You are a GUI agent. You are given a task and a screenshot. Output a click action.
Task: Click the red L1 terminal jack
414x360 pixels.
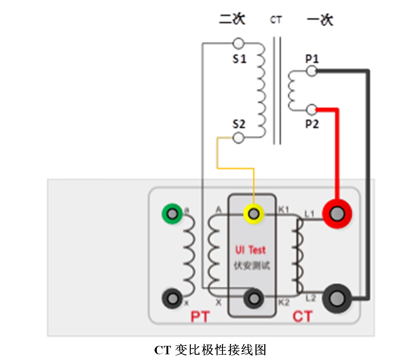(x=337, y=214)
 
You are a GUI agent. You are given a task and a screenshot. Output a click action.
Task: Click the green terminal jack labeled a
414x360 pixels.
(x=172, y=213)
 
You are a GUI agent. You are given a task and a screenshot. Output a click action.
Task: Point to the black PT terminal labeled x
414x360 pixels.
(x=172, y=298)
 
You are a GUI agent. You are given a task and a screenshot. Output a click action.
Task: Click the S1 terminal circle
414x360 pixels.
(x=238, y=43)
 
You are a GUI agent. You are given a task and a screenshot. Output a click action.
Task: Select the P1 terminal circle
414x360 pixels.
(x=312, y=71)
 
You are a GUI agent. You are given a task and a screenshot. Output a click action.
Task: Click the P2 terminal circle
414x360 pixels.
(x=312, y=109)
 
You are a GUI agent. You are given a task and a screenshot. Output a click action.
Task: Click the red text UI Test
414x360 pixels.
(x=251, y=250)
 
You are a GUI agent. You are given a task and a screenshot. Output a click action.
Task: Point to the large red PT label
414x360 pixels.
(x=200, y=316)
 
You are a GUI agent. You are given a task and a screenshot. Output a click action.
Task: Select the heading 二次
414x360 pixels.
(x=232, y=19)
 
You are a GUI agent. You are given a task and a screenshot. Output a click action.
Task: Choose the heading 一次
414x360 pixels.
(x=320, y=20)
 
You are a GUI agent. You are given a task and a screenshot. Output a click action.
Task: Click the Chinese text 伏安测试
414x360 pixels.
(x=251, y=266)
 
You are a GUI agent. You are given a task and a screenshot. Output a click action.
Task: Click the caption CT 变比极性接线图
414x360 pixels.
(x=210, y=350)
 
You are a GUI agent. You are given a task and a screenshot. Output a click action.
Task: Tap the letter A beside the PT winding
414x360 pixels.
(x=219, y=210)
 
